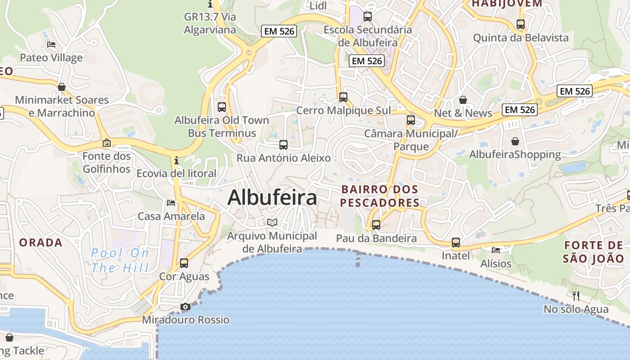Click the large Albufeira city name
(272, 198)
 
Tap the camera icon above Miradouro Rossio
(185, 307)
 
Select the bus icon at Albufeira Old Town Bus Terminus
(222, 107)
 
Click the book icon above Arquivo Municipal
(272, 222)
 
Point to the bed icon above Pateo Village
(51, 45)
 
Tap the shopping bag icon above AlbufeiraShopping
(515, 141)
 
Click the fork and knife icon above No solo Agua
(576, 296)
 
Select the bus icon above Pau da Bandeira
(376, 225)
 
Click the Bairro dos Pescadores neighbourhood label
(379, 196)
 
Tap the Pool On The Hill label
(120, 261)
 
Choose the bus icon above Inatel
(456, 243)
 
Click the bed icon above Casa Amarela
(171, 203)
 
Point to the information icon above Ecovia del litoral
(176, 160)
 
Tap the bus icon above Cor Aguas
(184, 263)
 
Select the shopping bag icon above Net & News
(463, 100)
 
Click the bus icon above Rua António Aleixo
(283, 145)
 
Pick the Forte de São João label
(593, 252)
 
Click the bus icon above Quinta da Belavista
(521, 24)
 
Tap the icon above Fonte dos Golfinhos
(107, 143)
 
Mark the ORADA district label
(40, 243)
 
